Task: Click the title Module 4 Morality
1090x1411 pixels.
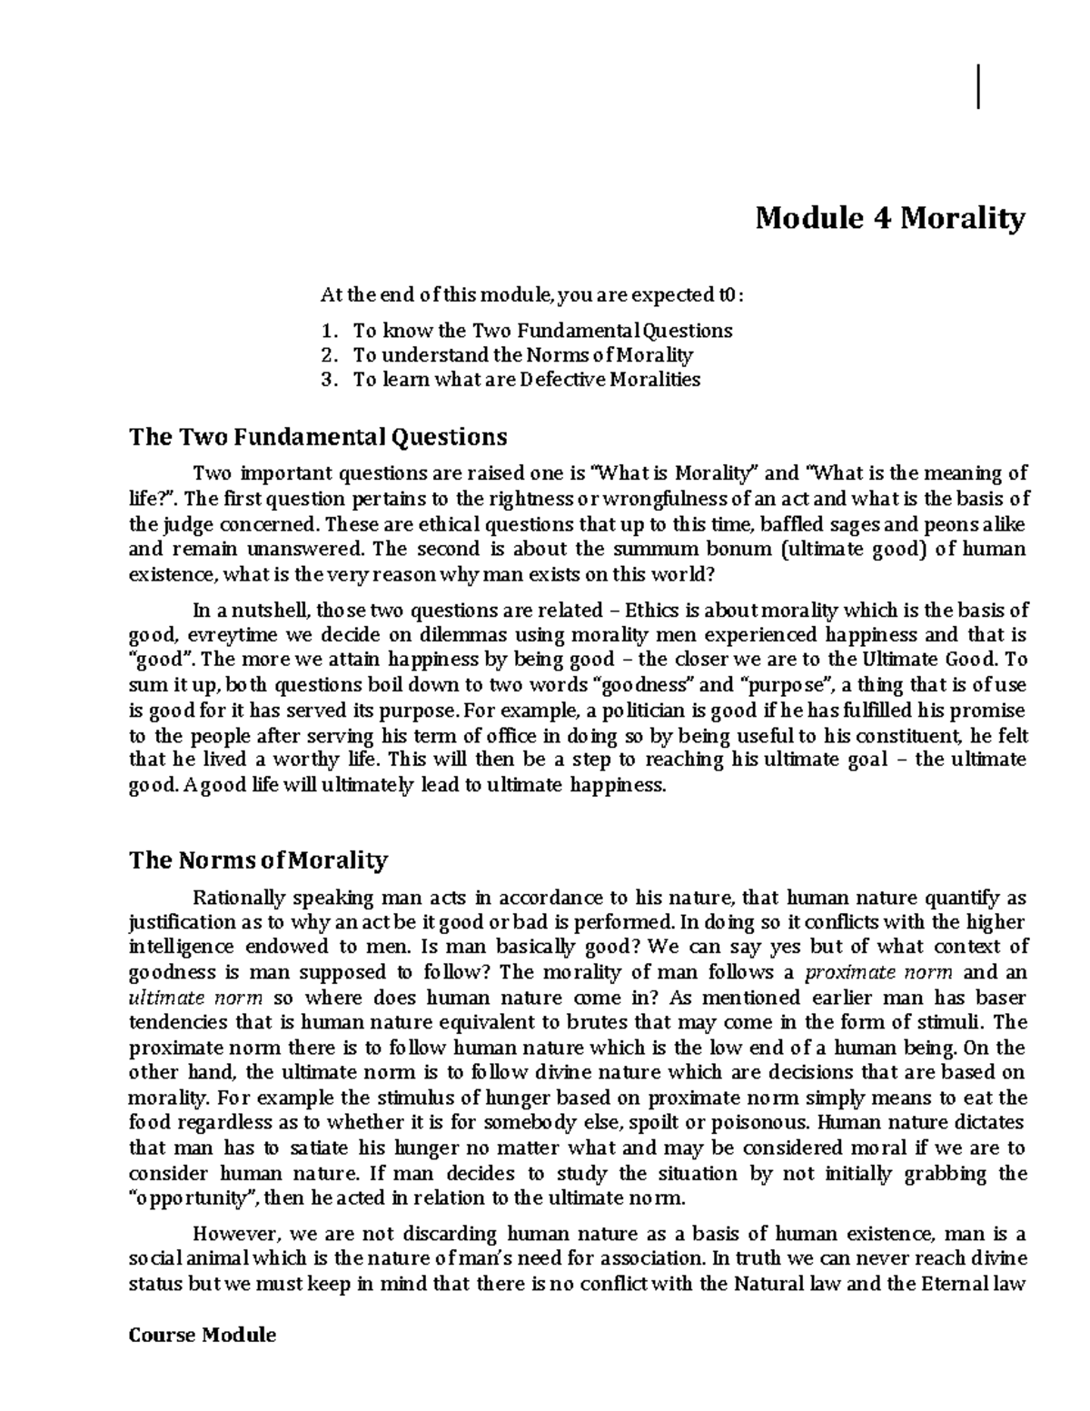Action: pos(890,218)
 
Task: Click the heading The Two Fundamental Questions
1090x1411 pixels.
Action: pos(318,437)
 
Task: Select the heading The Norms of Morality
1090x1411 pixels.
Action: pos(259,860)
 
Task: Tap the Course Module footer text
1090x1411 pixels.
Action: pos(203,1335)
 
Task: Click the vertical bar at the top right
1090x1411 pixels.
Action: pos(979,86)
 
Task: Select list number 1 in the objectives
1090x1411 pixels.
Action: pos(328,330)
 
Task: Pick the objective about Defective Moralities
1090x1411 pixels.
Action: pos(527,380)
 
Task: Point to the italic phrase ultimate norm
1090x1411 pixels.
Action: pos(195,997)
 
